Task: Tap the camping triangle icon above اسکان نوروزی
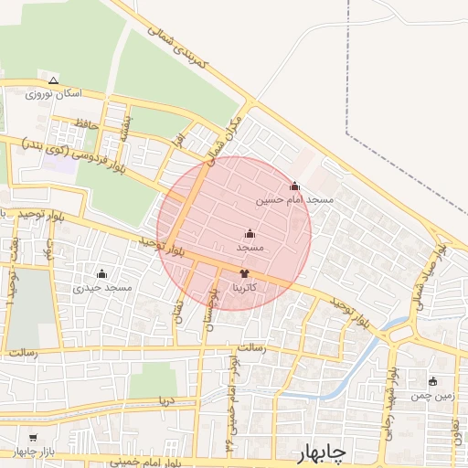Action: coord(53,80)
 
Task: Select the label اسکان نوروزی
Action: coord(54,94)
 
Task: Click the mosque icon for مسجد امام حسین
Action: coord(294,186)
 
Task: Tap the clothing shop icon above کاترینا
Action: coord(244,273)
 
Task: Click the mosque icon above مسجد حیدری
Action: coord(101,273)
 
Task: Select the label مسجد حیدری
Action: coord(103,288)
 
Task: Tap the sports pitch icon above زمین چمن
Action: coord(432,381)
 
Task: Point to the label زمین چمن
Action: coord(432,396)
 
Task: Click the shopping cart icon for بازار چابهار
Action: coord(34,439)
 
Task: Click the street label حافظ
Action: coord(87,122)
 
